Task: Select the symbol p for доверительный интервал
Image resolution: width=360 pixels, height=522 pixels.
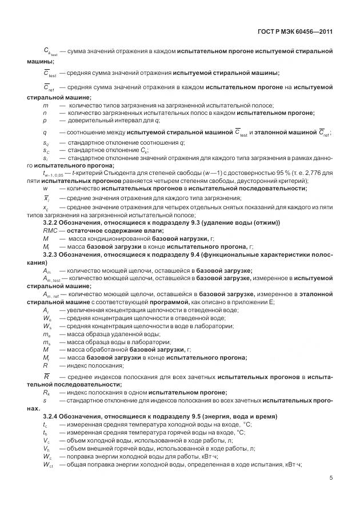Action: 45,121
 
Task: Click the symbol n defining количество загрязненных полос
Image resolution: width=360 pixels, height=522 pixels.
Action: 45,113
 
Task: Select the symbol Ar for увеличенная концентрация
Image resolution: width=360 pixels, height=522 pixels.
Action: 46,309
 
